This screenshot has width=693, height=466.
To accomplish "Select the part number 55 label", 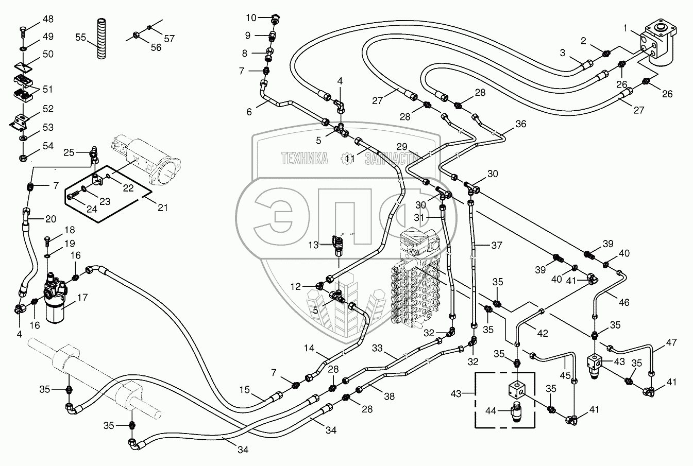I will (81, 37).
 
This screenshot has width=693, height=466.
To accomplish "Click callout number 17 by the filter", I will (82, 297).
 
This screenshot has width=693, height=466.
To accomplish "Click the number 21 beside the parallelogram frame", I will (163, 208).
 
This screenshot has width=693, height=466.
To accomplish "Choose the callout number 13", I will (313, 245).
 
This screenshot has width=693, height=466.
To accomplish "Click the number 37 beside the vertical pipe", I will (496, 246).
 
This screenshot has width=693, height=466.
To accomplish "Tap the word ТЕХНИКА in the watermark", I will (305, 159).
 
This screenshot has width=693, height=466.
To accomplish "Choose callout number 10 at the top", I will (250, 18).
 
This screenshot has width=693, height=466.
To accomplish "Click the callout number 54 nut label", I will (48, 146).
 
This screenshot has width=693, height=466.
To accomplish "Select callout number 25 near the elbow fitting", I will (69, 152).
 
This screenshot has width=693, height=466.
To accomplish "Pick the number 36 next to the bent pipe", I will (520, 124).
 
